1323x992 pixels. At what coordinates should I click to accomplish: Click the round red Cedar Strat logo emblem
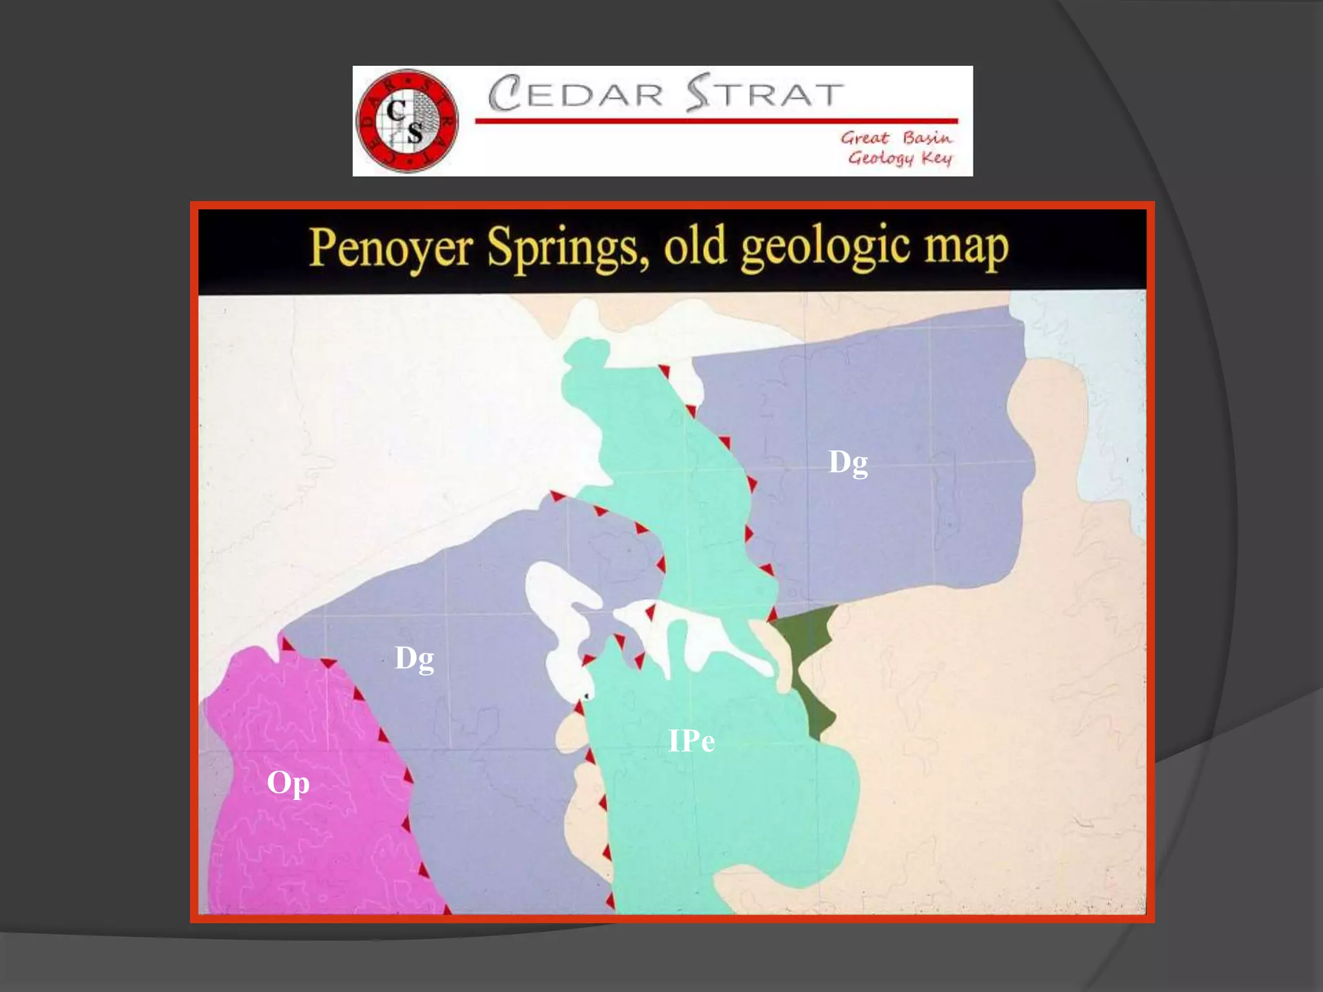pyautogui.click(x=407, y=121)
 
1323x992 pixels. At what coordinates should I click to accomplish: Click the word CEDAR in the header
pyautogui.click(x=576, y=94)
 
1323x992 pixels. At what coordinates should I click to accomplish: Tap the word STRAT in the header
pyautogui.click(x=765, y=94)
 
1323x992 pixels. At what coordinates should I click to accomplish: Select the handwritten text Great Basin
pyautogui.click(x=896, y=138)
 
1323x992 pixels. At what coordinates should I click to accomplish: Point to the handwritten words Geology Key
pyautogui.click(x=899, y=158)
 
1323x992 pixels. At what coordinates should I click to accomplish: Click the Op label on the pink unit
pyautogui.click(x=288, y=783)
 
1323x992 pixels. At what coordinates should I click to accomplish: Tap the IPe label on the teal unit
pyautogui.click(x=691, y=741)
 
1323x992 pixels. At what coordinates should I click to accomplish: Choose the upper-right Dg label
pyautogui.click(x=848, y=463)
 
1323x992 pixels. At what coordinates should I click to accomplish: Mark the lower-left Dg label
pyautogui.click(x=414, y=659)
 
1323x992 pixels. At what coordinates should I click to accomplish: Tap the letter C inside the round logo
pyautogui.click(x=395, y=111)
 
